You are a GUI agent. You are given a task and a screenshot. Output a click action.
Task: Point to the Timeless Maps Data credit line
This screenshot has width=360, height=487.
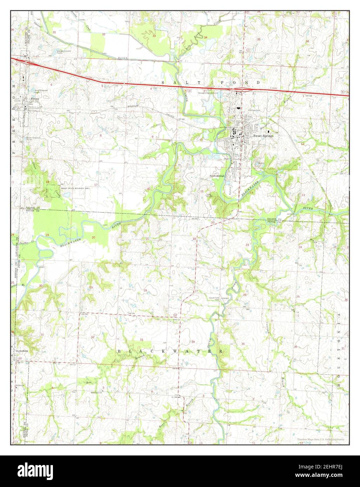tap(321, 439)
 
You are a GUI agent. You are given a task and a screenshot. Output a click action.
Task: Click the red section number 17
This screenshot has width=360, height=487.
tap(96, 185)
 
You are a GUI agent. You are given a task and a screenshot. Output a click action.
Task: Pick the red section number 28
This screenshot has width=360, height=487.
tap(145, 290)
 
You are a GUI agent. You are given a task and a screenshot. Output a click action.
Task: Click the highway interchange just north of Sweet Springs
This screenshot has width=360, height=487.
tap(242, 89)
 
